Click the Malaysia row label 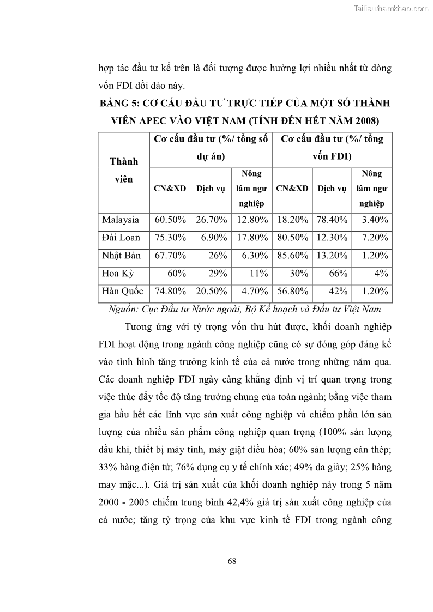pos(121,220)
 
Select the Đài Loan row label pos(121,238)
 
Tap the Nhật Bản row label pos(121,256)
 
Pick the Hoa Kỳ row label pos(117,274)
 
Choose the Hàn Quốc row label pos(123,291)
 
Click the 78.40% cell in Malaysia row pos(332,220)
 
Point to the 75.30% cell pos(171,238)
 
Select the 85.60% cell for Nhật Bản pos(292,256)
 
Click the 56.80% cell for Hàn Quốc pos(292,291)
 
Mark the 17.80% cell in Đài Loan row pos(251,238)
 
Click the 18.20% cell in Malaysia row pos(292,220)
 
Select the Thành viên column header pos(124,170)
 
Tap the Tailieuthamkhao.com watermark pos(392,8)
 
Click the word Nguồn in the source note pos(124,310)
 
